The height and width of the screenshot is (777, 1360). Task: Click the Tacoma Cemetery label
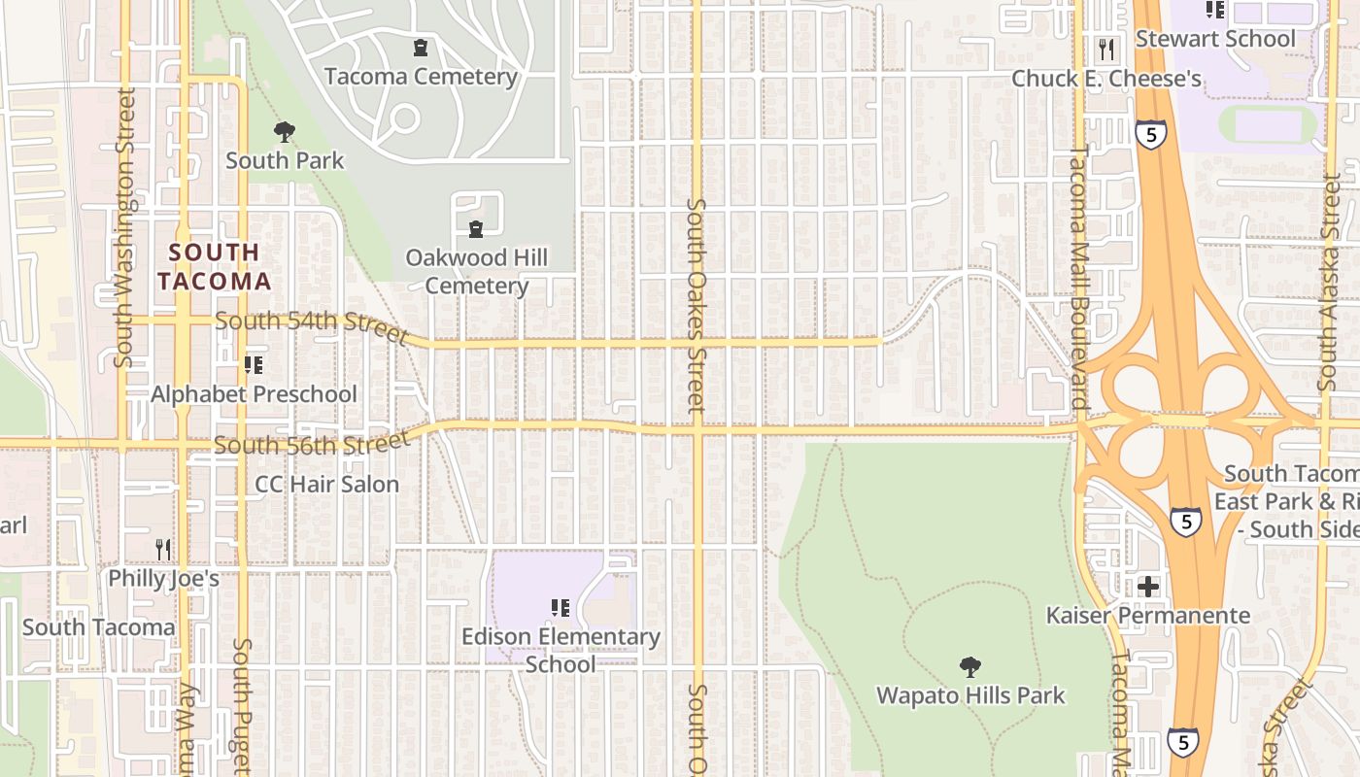coord(421,77)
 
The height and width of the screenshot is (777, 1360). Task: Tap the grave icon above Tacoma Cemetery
coord(421,47)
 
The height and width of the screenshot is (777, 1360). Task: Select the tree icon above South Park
coord(285,131)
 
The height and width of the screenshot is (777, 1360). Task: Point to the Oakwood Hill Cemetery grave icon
coord(476,229)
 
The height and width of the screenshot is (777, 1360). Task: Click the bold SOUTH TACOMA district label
coord(215,267)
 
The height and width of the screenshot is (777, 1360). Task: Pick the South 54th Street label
coord(311,326)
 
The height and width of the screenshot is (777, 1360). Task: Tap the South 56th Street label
coord(311,444)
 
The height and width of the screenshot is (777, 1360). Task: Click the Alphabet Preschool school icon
coord(254,365)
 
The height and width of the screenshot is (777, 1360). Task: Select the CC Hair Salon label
coord(327,484)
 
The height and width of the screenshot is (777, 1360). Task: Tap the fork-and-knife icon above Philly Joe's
coord(163,550)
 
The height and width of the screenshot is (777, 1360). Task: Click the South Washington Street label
coord(124,228)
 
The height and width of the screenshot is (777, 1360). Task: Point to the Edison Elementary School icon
coord(561,608)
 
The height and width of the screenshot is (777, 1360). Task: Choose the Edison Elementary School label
coord(561,651)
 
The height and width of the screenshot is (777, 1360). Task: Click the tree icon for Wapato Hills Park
coord(969,666)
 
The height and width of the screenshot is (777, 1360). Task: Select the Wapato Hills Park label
coord(970,695)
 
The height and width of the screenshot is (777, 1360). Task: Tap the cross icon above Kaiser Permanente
coord(1148,586)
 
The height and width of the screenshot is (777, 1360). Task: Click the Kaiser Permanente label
coord(1147,615)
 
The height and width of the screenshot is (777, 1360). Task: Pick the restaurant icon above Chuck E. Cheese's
coord(1106,49)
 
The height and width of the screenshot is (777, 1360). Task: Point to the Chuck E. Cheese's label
coord(1106,79)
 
